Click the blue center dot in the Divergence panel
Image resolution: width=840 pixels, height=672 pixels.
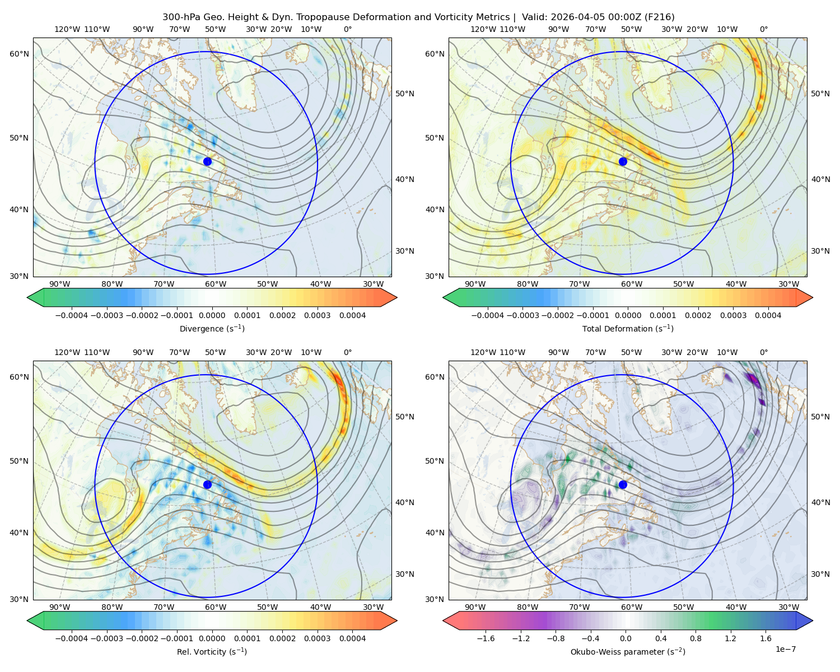point(207,161)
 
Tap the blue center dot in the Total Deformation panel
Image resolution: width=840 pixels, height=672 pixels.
point(623,161)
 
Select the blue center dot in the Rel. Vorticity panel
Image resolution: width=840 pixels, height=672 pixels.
point(207,484)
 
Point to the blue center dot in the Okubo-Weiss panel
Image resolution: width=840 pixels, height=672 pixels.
point(623,484)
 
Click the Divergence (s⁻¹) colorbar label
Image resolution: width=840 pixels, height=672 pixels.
point(212,328)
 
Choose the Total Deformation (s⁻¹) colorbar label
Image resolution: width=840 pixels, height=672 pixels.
point(628,328)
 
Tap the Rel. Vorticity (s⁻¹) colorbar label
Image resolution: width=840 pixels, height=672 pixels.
point(212,651)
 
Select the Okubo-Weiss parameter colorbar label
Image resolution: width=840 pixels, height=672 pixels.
point(628,651)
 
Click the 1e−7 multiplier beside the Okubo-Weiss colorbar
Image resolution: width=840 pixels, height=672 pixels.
point(785,649)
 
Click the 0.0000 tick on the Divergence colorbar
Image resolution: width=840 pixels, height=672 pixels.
point(212,315)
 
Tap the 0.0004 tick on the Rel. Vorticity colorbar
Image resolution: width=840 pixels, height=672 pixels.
point(352,638)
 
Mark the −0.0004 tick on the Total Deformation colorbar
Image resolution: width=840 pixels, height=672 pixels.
point(488,315)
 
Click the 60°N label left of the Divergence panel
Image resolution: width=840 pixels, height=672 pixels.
point(19,54)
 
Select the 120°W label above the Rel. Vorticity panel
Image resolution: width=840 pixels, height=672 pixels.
point(67,352)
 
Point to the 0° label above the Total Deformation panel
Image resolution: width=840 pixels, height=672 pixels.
point(763,29)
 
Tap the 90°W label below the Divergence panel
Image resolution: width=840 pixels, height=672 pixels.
point(60,284)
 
